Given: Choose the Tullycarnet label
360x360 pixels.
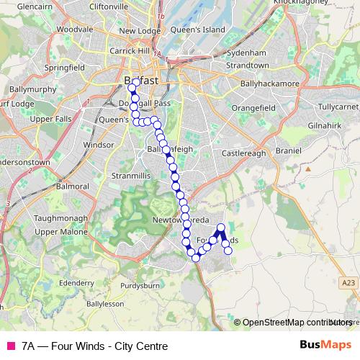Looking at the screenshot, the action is point(337,107).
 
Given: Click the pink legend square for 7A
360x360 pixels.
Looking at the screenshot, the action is point(10,346).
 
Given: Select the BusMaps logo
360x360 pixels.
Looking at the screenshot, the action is point(325,345).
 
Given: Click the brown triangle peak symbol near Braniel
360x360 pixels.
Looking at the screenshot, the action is point(307,169).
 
